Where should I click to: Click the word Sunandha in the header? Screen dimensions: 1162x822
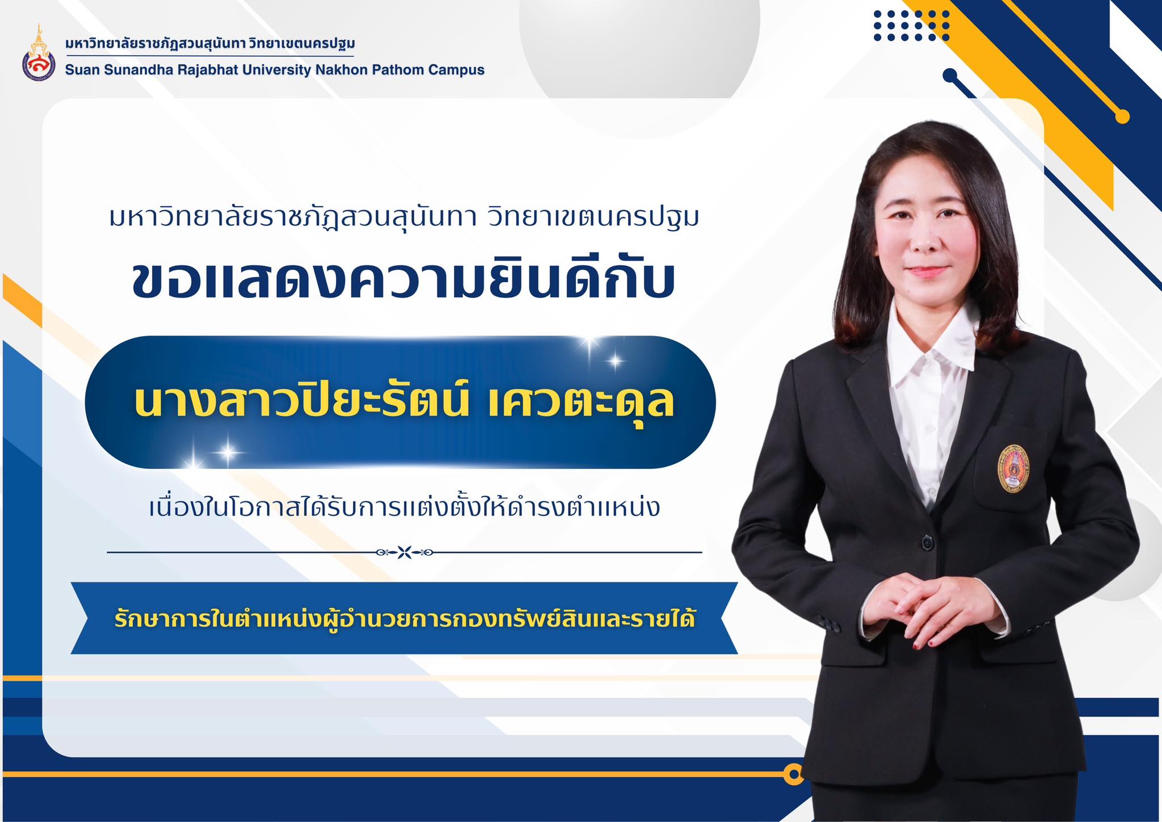coord(132,70)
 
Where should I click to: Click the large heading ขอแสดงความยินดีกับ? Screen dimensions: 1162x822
coord(404,282)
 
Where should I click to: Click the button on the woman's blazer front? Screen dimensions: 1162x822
coord(927,542)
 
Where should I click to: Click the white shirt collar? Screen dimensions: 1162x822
coord(931,335)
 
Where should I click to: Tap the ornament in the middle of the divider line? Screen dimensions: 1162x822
coord(404,552)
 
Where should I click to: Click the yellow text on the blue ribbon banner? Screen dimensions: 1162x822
coord(405,618)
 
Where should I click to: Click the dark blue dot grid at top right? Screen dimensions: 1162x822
coord(912,26)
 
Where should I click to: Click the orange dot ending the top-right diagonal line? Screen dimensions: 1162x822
coord(1122,116)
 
